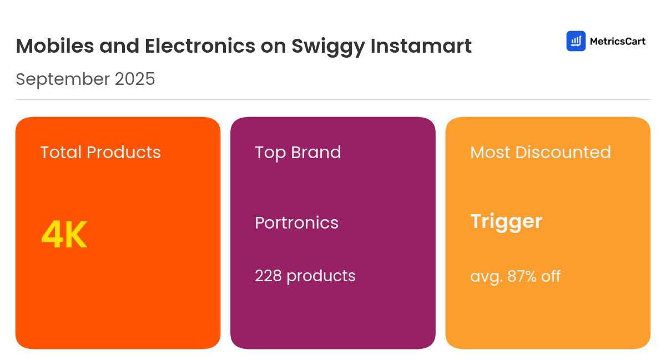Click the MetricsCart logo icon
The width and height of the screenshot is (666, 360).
click(x=576, y=41)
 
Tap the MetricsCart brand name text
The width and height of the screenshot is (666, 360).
click(x=617, y=41)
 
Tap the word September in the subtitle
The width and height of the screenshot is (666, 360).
click(x=62, y=80)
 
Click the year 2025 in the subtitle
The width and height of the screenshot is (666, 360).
click(x=135, y=79)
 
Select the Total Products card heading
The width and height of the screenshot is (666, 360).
click(x=100, y=153)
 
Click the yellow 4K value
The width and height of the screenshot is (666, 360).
click(x=64, y=236)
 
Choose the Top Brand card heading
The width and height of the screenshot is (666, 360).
click(x=298, y=153)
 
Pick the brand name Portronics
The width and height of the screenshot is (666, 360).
click(x=296, y=223)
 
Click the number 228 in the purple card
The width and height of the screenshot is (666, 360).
click(x=269, y=276)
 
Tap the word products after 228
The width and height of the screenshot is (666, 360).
click(x=321, y=276)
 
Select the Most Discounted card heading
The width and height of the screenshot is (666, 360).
click(x=541, y=153)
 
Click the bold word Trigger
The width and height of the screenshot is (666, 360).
click(x=506, y=222)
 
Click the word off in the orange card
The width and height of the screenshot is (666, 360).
click(x=551, y=276)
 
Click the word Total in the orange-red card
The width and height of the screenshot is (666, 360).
click(x=61, y=153)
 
